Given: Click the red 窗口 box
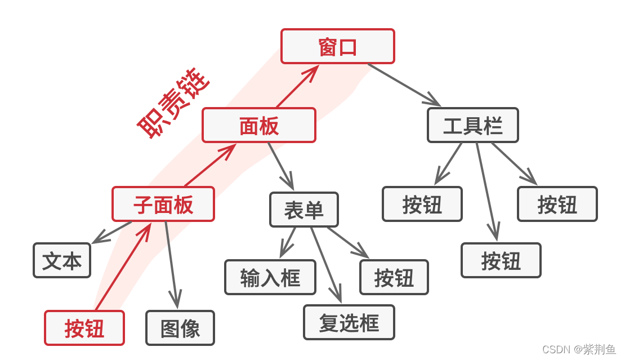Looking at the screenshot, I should [338, 46].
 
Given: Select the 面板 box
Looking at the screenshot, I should [259, 125].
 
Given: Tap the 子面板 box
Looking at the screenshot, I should [163, 204].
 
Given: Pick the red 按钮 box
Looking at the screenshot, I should [84, 328].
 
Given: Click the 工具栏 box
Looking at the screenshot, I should [473, 125].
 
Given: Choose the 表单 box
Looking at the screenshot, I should [304, 210].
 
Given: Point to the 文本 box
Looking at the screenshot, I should [62, 260].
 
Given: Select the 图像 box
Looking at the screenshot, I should [180, 328].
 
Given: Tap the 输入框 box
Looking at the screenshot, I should [270, 277].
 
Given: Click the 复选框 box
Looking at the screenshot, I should [349, 322].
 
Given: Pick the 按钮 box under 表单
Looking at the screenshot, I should [394, 277].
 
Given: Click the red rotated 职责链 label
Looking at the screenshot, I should [173, 104].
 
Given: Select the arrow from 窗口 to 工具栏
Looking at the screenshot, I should [404, 85].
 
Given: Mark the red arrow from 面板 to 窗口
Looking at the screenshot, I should [297, 86].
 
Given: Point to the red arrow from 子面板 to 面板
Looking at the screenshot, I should [210, 165].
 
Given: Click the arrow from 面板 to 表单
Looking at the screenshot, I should [281, 166].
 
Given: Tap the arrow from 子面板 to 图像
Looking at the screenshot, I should [172, 265].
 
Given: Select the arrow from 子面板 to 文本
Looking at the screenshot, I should [111, 233].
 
